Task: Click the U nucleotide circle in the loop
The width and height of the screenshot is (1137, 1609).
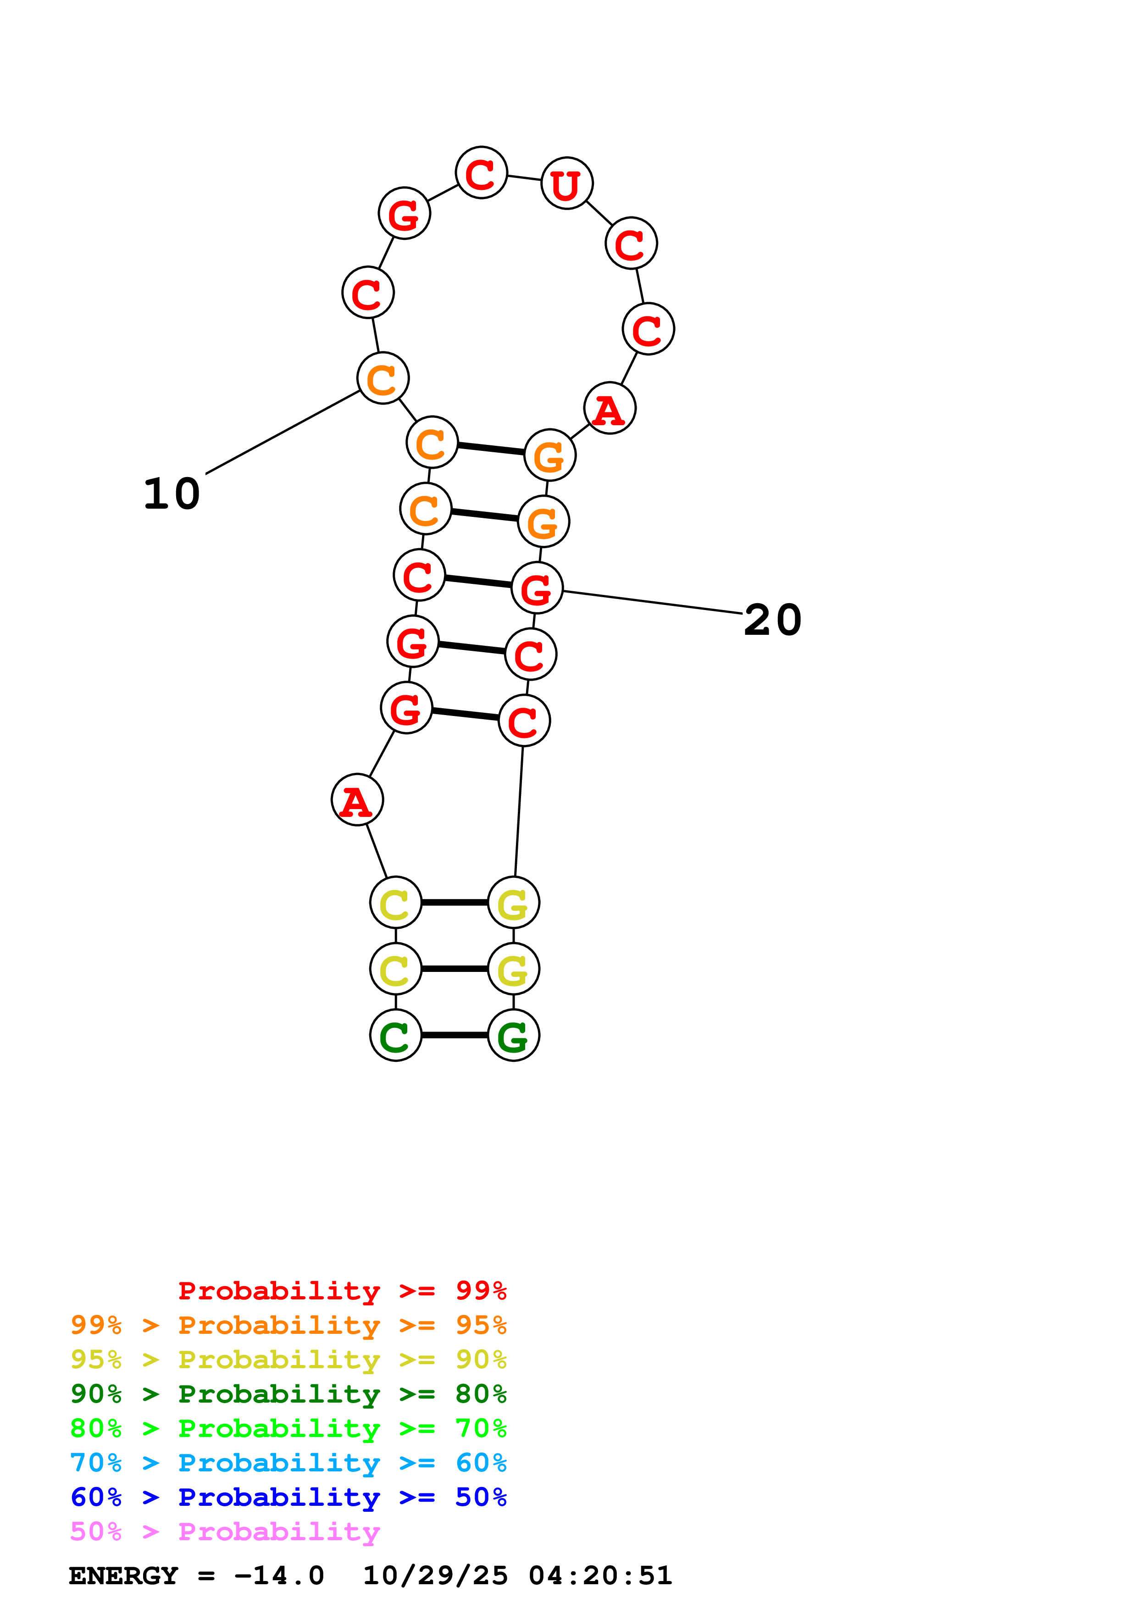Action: coord(567,183)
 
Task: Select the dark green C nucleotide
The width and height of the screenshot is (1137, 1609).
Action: coord(396,1036)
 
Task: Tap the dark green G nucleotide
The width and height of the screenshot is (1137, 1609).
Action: coord(514,1036)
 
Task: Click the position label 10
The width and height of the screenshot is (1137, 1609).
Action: coord(172,494)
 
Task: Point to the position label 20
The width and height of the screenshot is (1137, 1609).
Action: coord(772,620)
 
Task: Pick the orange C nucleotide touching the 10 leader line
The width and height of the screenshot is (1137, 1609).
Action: coord(383,378)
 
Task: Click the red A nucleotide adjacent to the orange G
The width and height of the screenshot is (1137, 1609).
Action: coord(610,408)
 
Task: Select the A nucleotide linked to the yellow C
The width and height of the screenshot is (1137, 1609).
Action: coord(357,799)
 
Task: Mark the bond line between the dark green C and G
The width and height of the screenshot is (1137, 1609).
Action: coord(455,1035)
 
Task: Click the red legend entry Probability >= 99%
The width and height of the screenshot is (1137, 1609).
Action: coord(342,1291)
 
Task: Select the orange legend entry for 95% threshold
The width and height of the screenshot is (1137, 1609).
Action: coord(288,1325)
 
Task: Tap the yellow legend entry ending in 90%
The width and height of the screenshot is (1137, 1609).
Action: coord(288,1359)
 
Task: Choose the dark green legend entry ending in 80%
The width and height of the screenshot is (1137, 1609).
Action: coord(288,1394)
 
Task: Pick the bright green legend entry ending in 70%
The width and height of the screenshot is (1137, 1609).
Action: coord(288,1428)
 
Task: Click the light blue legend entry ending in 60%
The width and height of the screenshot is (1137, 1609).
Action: coord(288,1463)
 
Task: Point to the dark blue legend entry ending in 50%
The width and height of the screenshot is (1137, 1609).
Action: coord(288,1497)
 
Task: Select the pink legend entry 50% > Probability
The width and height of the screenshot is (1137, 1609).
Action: coord(225,1531)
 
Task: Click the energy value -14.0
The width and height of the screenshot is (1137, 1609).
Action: coord(279,1576)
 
